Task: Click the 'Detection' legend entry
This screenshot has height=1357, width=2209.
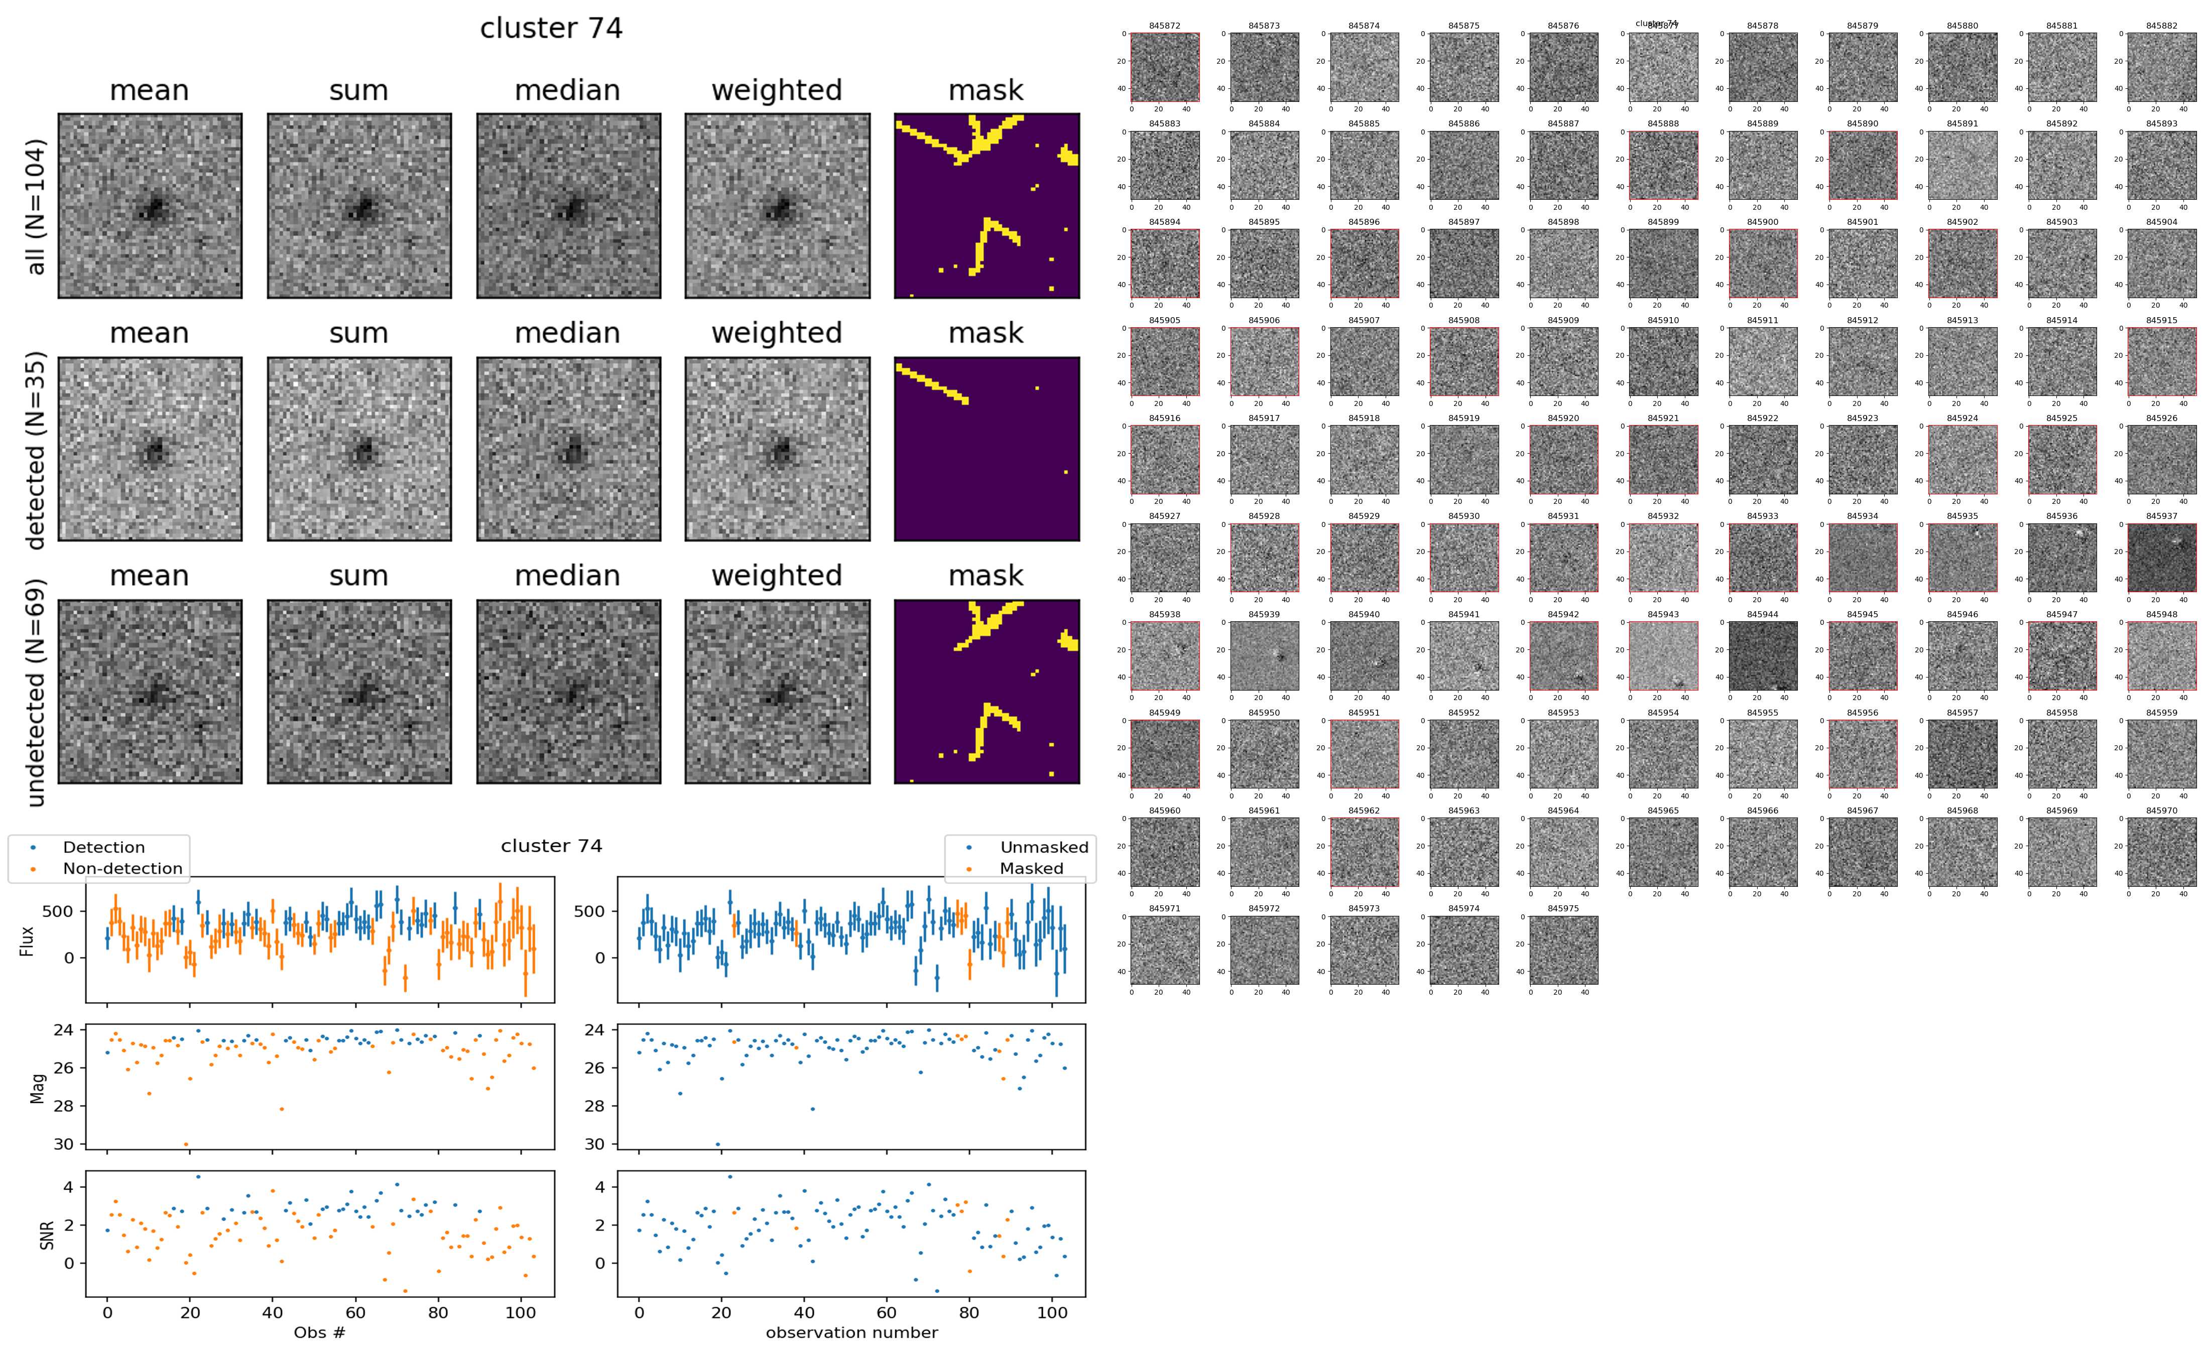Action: point(103,847)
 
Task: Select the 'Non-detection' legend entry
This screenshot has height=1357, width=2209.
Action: point(122,869)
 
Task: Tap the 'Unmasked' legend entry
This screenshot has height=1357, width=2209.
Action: point(1044,847)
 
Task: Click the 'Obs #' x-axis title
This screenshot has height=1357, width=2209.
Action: point(319,1333)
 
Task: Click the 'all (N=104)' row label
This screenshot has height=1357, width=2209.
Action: point(36,206)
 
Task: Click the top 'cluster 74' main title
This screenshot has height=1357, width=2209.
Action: point(551,29)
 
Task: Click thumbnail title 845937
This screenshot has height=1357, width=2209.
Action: point(2161,516)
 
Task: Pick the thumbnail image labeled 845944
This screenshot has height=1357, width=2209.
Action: point(1763,656)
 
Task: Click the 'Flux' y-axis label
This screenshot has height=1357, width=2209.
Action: point(28,940)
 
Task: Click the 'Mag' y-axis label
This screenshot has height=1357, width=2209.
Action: point(38,1088)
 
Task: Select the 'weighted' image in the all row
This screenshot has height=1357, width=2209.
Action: point(777,206)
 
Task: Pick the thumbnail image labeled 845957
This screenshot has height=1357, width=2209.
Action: point(1962,754)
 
